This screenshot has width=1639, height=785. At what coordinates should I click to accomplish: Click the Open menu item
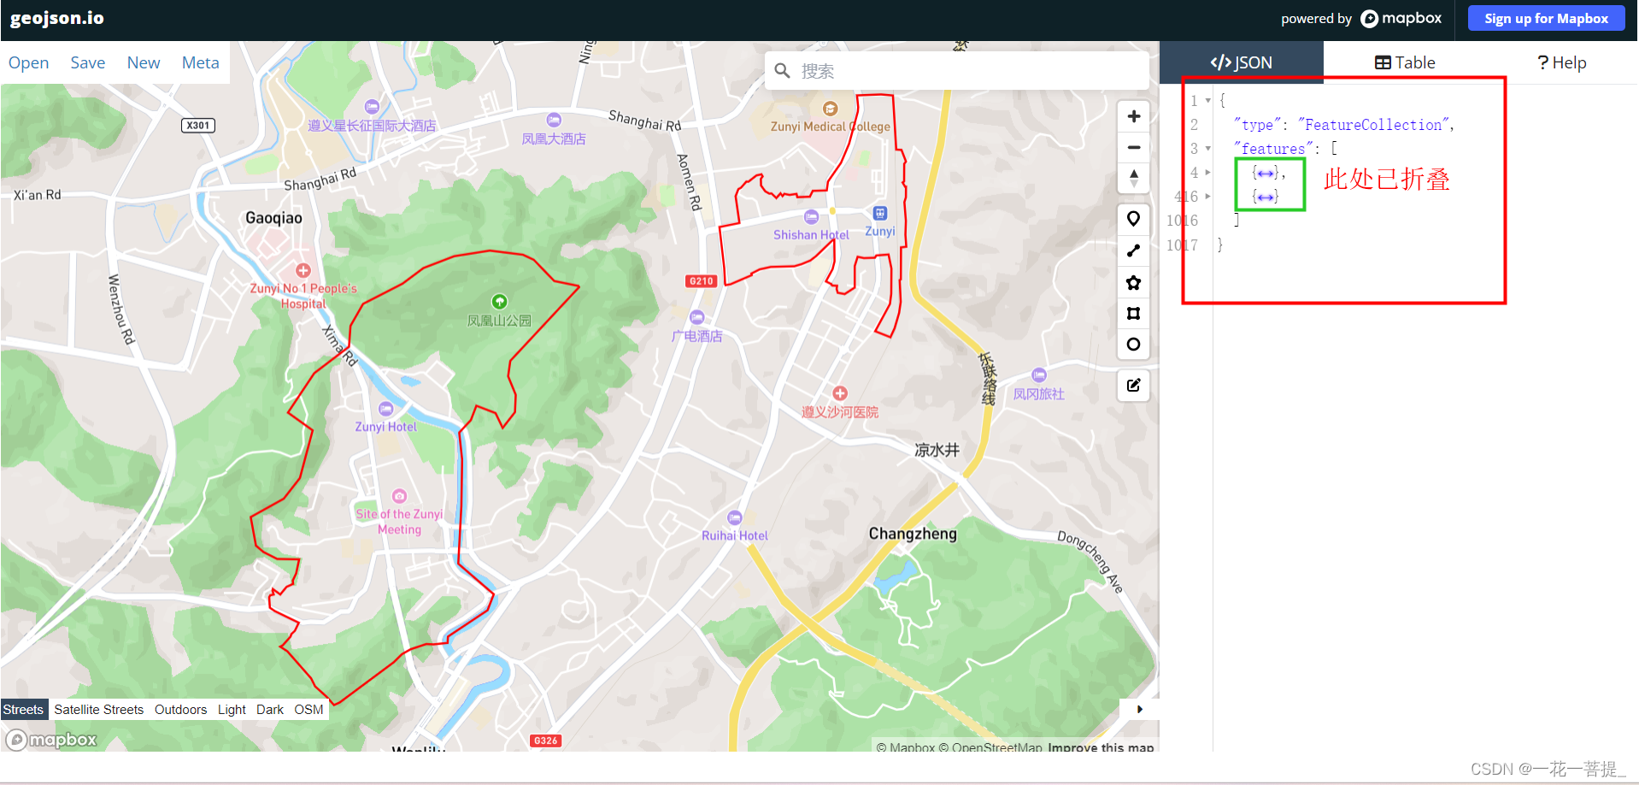pos(28,62)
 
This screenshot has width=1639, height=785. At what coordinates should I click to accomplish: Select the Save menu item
pos(87,62)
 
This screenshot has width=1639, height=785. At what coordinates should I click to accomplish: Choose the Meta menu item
pos(200,62)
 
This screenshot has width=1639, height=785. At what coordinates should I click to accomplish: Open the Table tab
pos(1404,62)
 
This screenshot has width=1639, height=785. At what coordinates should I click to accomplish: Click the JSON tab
pos(1241,62)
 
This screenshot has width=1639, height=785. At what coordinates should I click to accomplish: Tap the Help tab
pos(1561,62)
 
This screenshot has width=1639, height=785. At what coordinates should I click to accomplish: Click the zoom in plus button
pos(1133,116)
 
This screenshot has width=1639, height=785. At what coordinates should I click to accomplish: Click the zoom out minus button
pos(1133,148)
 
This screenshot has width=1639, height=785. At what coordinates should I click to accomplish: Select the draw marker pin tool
pos(1133,219)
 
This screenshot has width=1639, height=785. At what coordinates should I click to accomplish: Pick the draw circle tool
pos(1133,345)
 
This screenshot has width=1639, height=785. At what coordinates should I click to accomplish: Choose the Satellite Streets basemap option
pos(98,710)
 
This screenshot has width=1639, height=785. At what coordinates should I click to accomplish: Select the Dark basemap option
pos(269,710)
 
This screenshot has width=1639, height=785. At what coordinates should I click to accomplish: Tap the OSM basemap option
pos(308,710)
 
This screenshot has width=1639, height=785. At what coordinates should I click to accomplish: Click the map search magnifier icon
pos(782,71)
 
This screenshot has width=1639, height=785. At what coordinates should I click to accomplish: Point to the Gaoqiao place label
pos(273,218)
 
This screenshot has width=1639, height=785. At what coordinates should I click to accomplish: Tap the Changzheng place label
pos(913,534)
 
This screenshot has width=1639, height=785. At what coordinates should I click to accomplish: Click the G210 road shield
pos(701,281)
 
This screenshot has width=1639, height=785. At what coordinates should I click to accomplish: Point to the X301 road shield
pos(198,126)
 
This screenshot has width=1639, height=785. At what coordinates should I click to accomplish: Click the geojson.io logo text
pos(57,18)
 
